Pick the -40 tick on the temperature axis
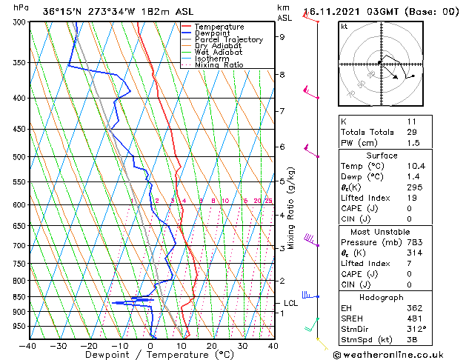tap(28, 345)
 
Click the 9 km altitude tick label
tap(282, 36)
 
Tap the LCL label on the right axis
tap(291, 303)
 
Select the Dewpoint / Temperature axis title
tap(150, 355)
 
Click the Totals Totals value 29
tap(411, 132)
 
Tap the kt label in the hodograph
tap(344, 26)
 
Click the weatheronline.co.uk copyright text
tap(399, 354)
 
